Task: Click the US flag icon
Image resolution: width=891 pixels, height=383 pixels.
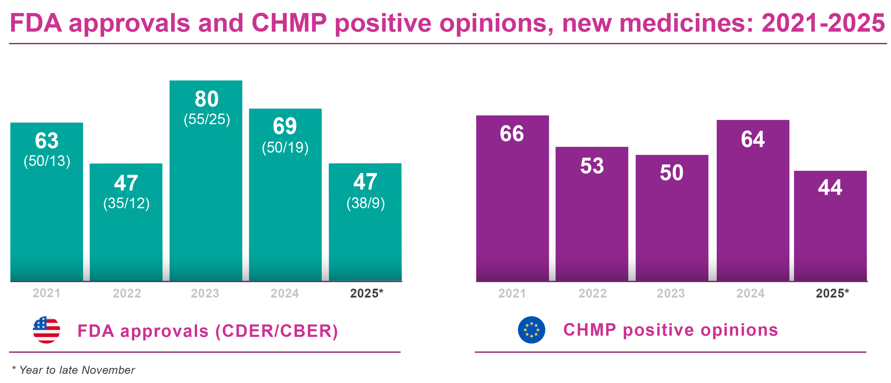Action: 46,329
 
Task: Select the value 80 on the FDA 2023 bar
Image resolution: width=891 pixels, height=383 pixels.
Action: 207,99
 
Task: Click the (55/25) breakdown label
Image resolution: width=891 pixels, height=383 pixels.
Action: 207,119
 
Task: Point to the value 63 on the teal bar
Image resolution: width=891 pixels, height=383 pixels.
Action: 47,141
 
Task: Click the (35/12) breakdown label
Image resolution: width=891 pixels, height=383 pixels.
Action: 126,203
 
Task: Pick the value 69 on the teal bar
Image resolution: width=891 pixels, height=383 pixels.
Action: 285,126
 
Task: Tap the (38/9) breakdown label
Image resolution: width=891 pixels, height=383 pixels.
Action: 365,203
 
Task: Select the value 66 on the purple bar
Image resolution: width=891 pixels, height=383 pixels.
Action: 512,134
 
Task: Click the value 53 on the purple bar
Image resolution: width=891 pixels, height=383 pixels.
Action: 592,166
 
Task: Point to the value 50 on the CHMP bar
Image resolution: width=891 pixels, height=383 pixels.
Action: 671,173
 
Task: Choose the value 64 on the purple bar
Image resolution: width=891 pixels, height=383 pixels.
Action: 753,139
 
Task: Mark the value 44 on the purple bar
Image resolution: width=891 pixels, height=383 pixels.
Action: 830,188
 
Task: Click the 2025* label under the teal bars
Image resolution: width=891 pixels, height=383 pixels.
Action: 366,293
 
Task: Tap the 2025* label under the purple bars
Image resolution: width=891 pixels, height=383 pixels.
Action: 832,293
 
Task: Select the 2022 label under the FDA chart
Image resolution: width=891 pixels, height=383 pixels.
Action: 127,293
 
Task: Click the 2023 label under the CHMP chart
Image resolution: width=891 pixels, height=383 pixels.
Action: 671,293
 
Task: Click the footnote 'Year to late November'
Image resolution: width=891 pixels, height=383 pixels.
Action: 77,370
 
